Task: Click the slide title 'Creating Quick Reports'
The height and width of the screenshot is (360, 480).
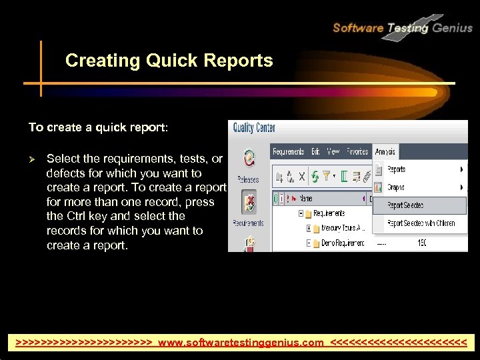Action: click(x=169, y=61)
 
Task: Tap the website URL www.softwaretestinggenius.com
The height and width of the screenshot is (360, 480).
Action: click(x=241, y=343)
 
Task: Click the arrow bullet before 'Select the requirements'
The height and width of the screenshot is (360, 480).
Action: click(x=32, y=159)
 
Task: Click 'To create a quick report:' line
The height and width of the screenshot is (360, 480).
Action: click(x=99, y=127)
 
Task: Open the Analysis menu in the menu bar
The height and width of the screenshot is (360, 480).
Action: click(x=385, y=152)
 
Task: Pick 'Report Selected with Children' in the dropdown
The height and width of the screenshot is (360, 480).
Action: click(x=421, y=223)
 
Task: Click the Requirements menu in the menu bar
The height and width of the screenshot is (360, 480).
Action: click(x=288, y=152)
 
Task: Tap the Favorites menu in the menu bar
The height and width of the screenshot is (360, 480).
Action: click(x=357, y=152)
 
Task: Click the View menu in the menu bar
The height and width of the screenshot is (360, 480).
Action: click(x=333, y=152)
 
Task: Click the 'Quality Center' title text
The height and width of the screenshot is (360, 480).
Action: click(x=254, y=128)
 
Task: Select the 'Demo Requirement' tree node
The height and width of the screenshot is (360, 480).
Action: click(x=337, y=244)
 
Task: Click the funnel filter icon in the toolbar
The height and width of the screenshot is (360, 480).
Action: click(x=327, y=177)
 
